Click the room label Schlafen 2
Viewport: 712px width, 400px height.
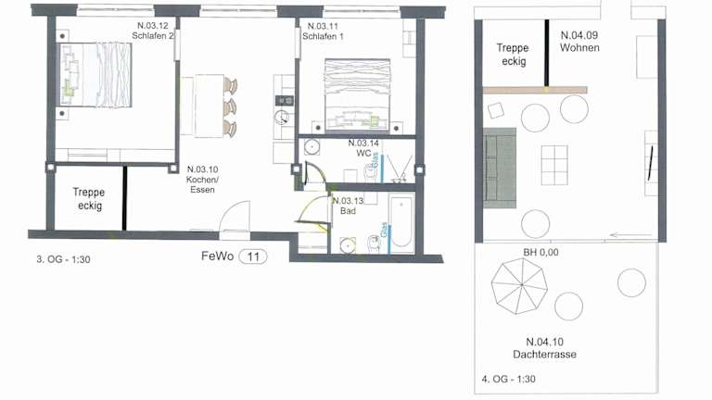tap(153, 31)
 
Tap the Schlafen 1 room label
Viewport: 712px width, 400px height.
tap(323, 31)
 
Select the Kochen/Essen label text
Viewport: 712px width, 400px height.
tap(202, 180)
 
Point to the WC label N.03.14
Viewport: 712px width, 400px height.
tap(363, 148)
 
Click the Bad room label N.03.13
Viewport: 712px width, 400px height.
tap(348, 206)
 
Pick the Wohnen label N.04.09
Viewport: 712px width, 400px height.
tap(579, 42)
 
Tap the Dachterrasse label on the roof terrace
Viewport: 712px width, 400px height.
tap(545, 348)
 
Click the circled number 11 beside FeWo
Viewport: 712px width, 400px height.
tap(253, 257)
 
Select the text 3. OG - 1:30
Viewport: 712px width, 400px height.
tap(63, 259)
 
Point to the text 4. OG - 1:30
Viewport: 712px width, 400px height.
tap(509, 379)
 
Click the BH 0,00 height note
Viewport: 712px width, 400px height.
tap(540, 252)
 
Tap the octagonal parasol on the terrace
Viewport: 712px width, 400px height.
tap(519, 286)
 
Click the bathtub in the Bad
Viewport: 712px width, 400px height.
tap(401, 222)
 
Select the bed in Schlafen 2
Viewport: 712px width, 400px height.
tap(95, 75)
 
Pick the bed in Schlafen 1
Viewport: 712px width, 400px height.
tap(357, 94)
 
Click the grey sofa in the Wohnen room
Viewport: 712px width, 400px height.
tap(500, 168)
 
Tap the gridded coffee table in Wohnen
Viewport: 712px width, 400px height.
tap(554, 165)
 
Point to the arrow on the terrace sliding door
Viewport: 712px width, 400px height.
tap(630, 235)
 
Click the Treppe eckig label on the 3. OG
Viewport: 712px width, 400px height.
tap(89, 199)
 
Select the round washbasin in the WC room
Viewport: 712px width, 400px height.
tap(311, 147)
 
